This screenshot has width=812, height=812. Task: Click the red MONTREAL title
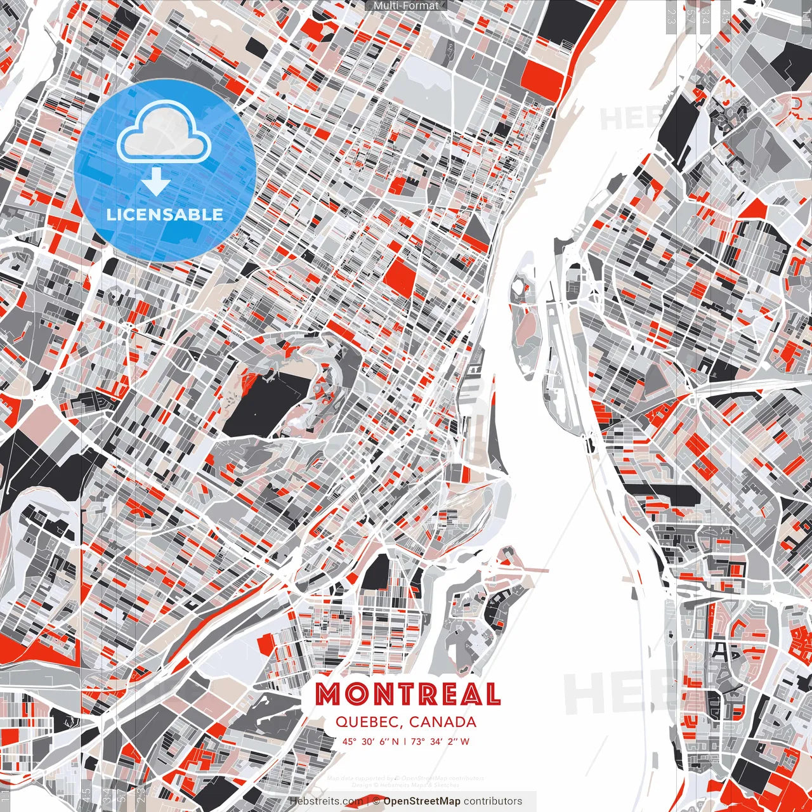(408, 695)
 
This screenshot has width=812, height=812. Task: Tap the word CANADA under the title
(443, 722)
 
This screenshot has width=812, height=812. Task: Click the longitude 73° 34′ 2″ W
(440, 741)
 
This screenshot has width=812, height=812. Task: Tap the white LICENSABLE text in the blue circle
(165, 214)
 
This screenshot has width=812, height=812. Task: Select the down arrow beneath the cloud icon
(155, 181)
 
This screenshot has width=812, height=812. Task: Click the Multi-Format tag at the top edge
(406, 6)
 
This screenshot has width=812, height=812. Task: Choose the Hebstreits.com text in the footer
(326, 801)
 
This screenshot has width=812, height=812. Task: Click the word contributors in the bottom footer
(493, 801)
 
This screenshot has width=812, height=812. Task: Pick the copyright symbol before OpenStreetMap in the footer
(376, 801)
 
